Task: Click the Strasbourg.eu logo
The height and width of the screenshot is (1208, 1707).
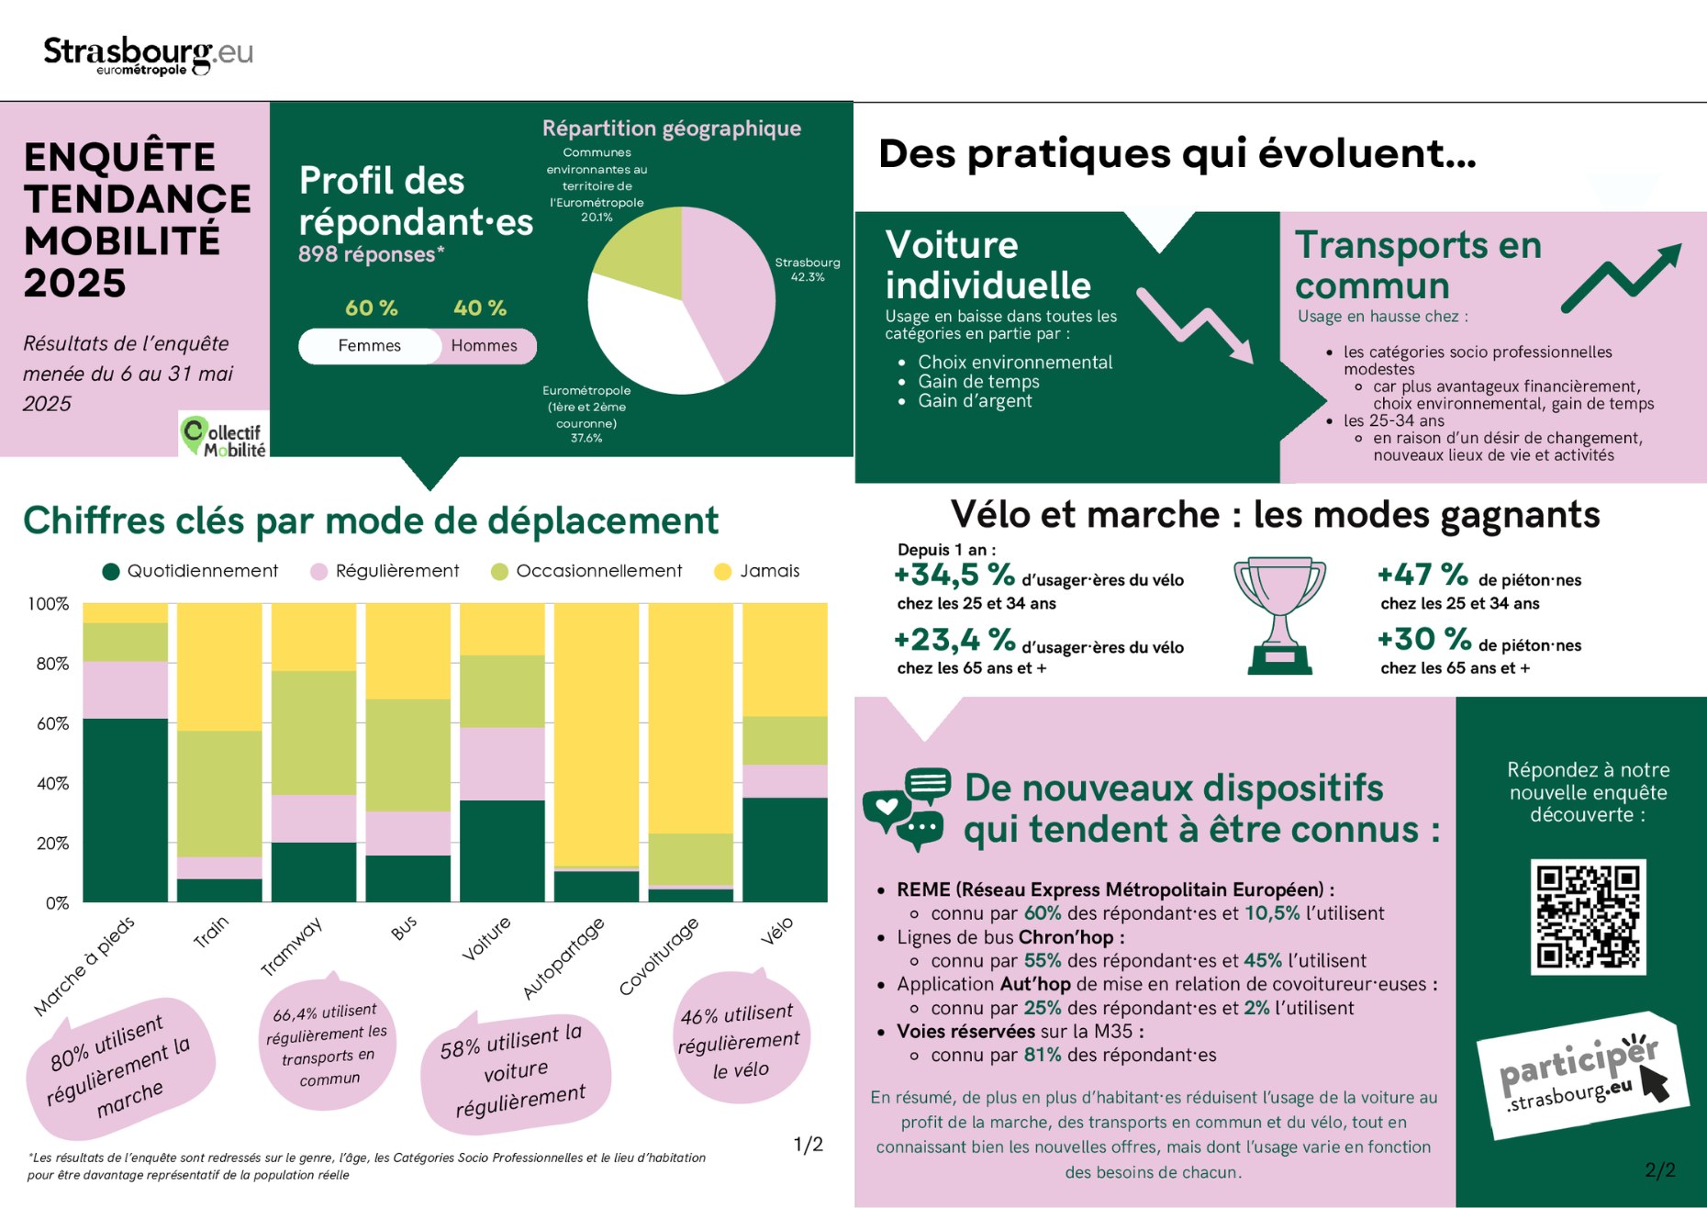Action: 148,54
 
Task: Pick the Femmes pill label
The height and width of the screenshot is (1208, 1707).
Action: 369,346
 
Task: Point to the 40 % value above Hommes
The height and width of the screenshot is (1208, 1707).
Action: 479,308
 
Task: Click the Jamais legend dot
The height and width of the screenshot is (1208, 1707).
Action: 722,572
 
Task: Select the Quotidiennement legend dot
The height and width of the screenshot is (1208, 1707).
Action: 111,572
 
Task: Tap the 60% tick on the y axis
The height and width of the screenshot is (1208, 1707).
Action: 52,723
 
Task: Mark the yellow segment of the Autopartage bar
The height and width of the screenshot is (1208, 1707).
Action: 597,734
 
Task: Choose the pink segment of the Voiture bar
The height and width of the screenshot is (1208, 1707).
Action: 502,764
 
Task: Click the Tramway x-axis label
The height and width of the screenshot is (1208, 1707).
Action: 291,946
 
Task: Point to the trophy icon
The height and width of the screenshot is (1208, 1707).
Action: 1279,613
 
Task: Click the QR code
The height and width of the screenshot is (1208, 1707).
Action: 1588,916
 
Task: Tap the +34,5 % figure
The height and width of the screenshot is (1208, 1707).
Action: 954,576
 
